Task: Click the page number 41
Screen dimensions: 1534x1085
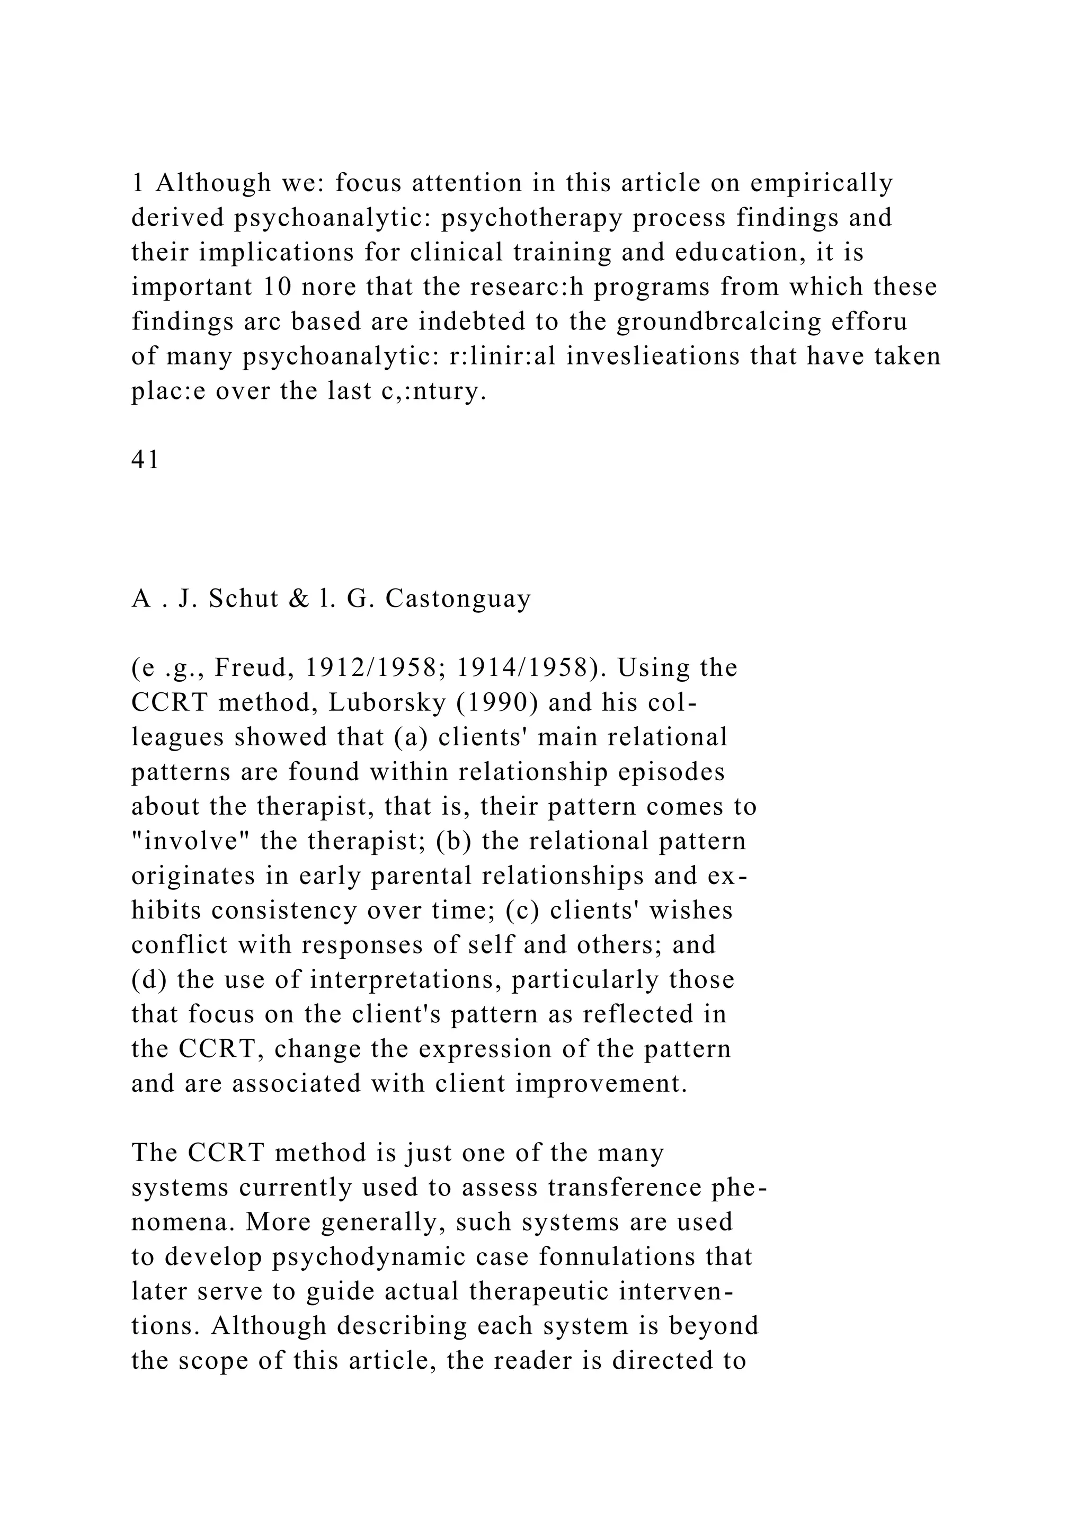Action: pos(145,460)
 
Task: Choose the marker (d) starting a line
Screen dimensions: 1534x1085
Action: pos(149,980)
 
